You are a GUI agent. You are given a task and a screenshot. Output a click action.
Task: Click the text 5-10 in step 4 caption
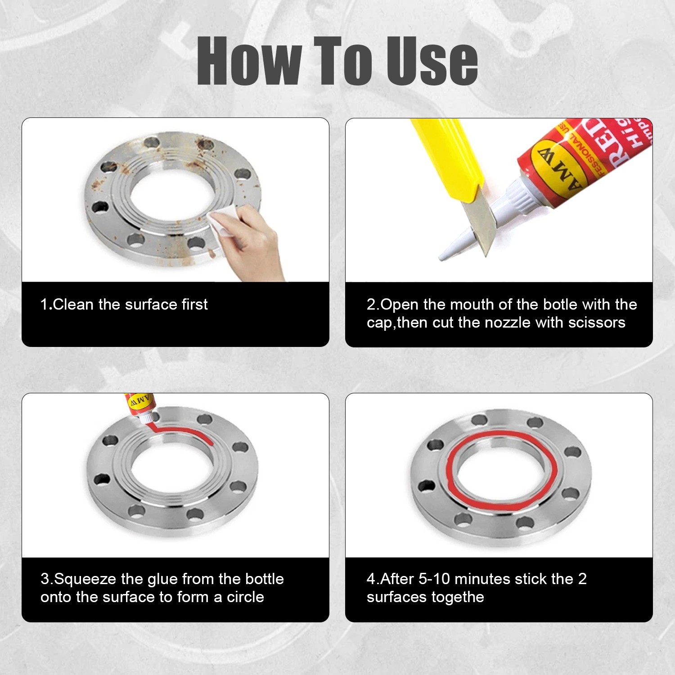click(x=434, y=579)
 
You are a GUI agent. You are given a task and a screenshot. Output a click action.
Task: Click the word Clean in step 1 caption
click(x=73, y=305)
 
